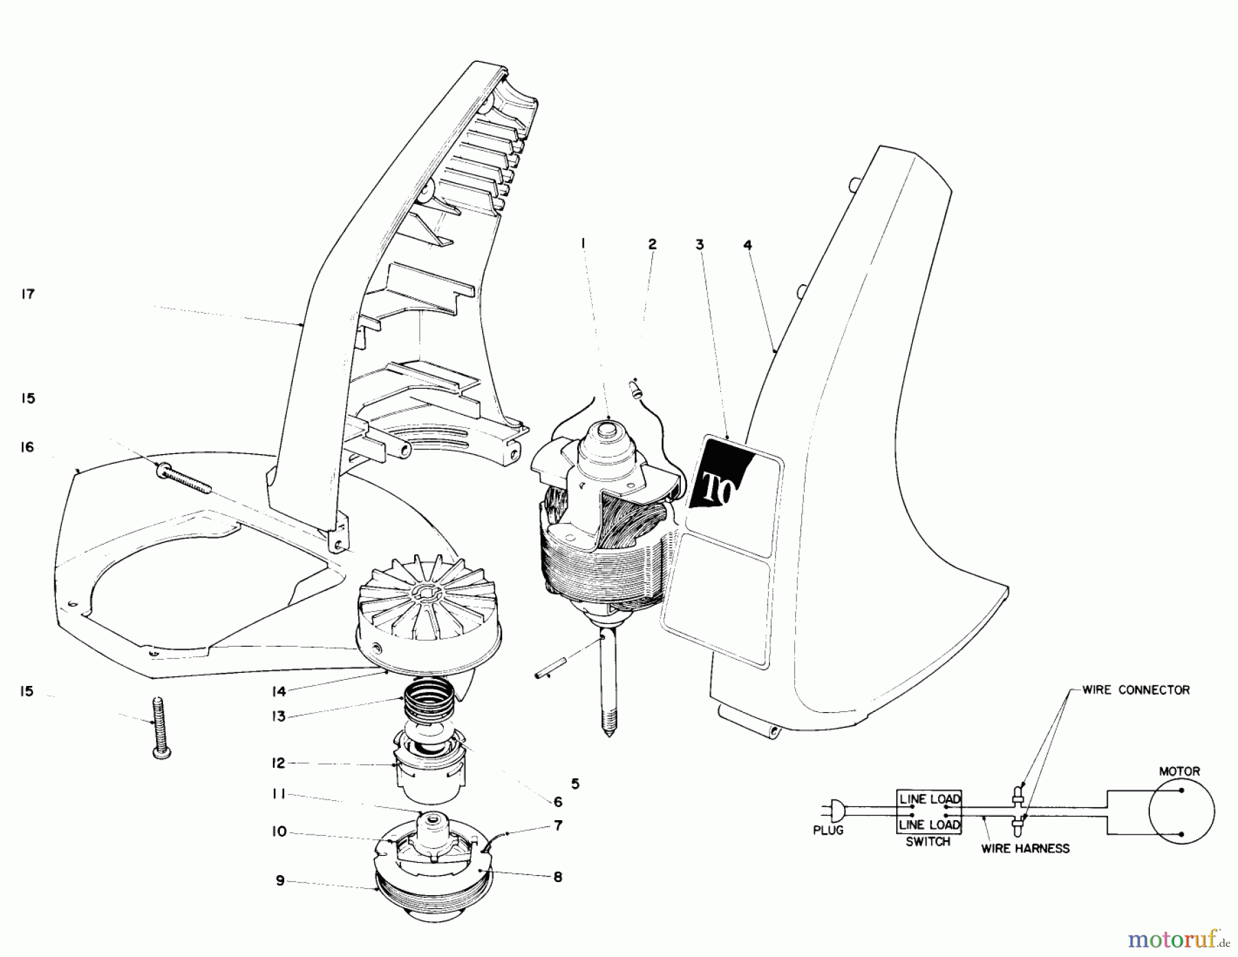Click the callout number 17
pos(28,294)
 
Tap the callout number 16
pos(28,448)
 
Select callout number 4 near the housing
pos(748,244)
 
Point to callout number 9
pos(280,881)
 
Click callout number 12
pos(278,763)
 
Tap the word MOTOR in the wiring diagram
pos(1180,771)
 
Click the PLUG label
pos(827,830)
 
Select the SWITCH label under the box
pos(928,841)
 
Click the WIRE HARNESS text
pos(1025,848)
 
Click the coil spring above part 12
pos(424,699)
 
